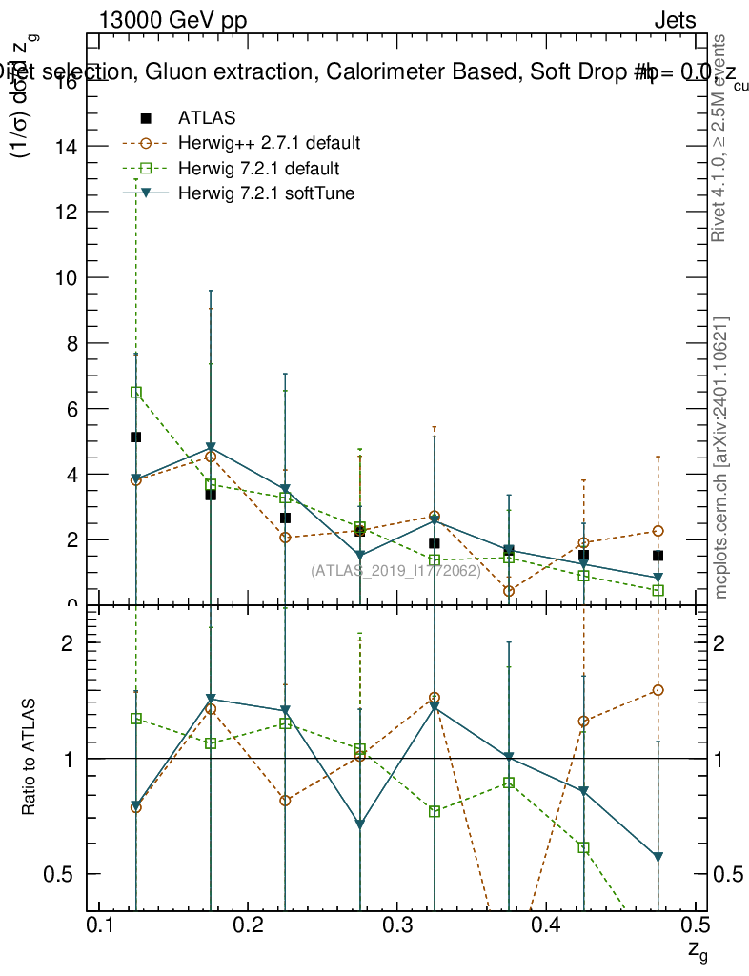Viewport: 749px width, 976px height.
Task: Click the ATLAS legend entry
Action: click(x=207, y=118)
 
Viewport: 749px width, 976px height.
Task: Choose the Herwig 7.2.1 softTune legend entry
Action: click(x=263, y=194)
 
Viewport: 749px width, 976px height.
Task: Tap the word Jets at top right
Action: click(x=674, y=21)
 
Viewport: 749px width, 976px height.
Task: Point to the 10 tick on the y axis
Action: click(x=67, y=277)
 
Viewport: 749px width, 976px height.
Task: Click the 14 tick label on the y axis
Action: click(x=67, y=147)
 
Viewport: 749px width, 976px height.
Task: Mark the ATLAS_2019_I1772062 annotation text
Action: click(x=394, y=571)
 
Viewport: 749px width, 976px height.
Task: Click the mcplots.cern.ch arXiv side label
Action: click(x=721, y=457)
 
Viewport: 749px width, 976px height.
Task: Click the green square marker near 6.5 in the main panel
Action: click(x=136, y=392)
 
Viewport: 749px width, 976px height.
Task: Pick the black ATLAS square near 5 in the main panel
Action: click(x=136, y=437)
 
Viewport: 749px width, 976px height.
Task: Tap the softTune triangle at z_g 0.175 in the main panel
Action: click(x=211, y=448)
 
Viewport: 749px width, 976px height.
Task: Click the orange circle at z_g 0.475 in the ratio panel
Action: click(x=658, y=690)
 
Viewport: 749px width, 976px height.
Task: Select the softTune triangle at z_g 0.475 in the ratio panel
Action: click(x=658, y=857)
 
